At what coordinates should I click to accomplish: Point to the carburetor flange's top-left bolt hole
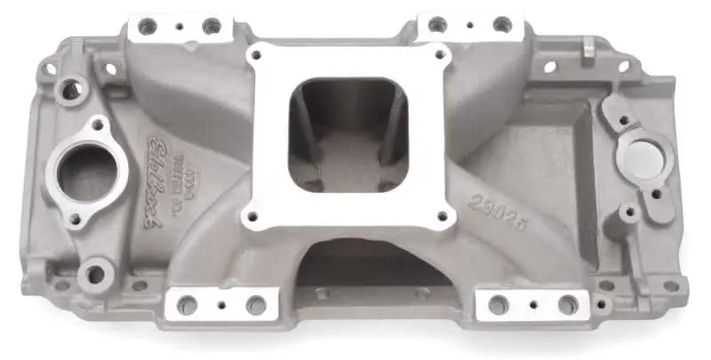(256, 55)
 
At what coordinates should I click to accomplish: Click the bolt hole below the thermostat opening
(75, 218)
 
